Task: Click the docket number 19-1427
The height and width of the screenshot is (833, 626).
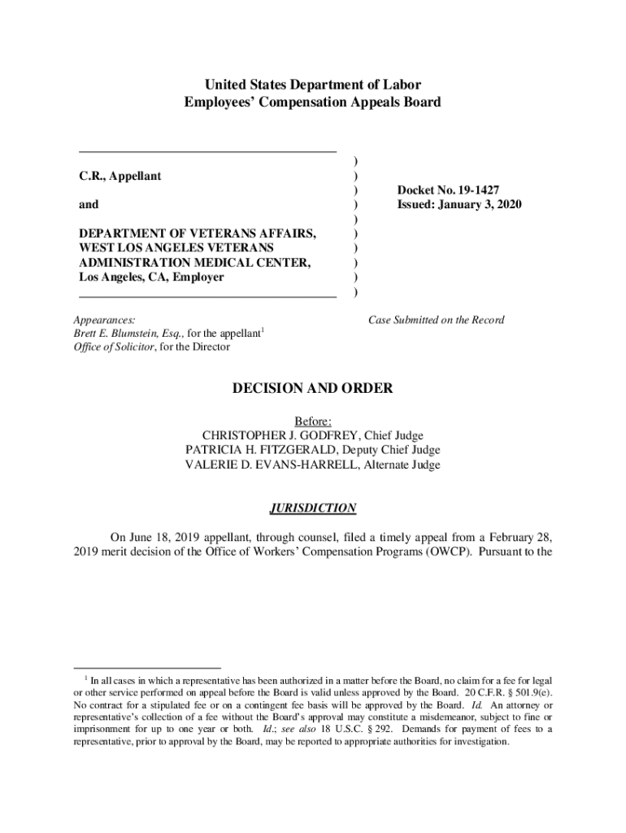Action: pos(471,190)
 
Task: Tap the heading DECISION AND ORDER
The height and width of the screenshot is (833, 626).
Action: pos(313,389)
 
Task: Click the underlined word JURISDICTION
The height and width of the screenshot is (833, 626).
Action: pos(313,508)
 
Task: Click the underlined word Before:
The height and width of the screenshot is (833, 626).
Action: pos(313,421)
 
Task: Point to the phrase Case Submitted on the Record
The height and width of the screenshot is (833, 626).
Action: pos(436,320)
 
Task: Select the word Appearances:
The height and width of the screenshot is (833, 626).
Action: pos(104,320)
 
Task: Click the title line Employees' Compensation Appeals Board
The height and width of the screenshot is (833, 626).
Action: pos(313,102)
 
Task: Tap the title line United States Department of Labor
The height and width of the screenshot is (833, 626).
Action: pos(313,85)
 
